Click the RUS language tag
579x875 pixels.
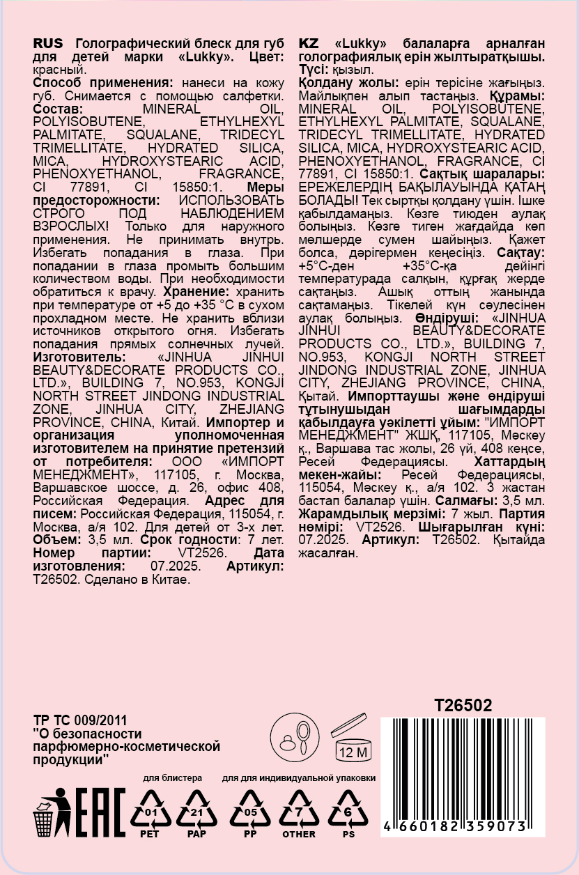click(48, 43)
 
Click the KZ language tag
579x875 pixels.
click(309, 43)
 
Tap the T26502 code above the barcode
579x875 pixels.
click(463, 706)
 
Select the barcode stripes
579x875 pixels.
click(463, 766)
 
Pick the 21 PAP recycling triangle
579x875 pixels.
click(197, 811)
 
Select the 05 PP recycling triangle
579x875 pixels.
click(250, 811)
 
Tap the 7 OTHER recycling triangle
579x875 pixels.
click(299, 811)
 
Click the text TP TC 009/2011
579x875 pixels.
click(80, 721)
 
